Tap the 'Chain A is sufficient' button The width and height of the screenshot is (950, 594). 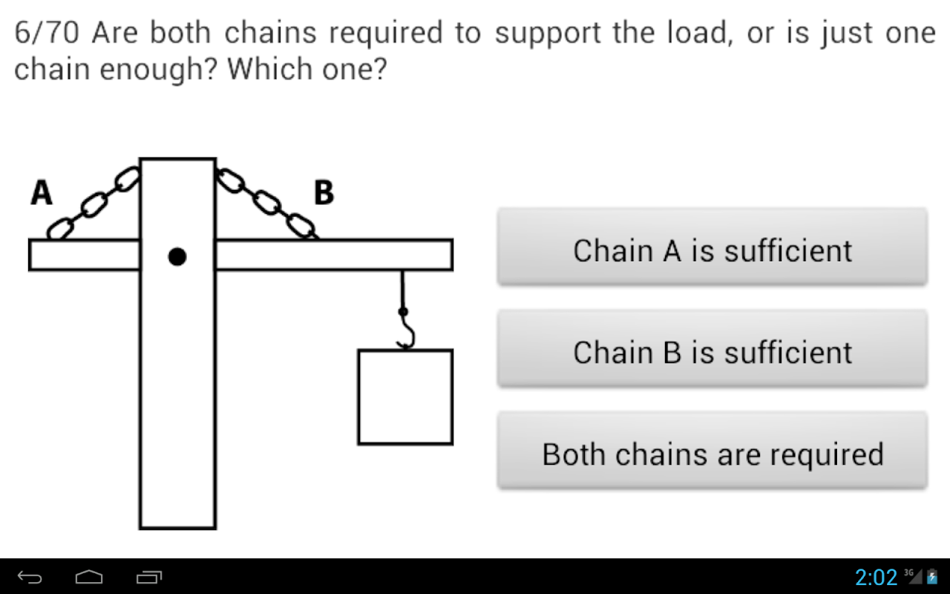[712, 246]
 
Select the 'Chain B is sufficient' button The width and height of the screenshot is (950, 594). [712, 348]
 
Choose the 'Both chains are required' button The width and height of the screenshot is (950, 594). [712, 450]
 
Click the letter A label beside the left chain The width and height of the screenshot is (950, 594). [42, 192]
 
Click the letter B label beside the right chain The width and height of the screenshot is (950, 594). [324, 192]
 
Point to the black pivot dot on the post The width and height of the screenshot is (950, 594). [177, 257]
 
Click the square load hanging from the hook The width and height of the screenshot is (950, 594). [405, 397]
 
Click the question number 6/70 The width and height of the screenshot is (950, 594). [47, 33]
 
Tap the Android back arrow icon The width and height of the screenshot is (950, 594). [30, 577]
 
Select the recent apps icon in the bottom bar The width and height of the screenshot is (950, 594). [149, 577]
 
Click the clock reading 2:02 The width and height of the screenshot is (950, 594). [877, 578]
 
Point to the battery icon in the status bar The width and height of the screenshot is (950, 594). [932, 577]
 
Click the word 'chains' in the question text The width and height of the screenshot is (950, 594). [270, 33]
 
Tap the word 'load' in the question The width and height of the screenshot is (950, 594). [700, 33]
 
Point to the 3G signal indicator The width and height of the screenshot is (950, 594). [913, 577]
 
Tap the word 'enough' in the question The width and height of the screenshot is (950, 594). [159, 70]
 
